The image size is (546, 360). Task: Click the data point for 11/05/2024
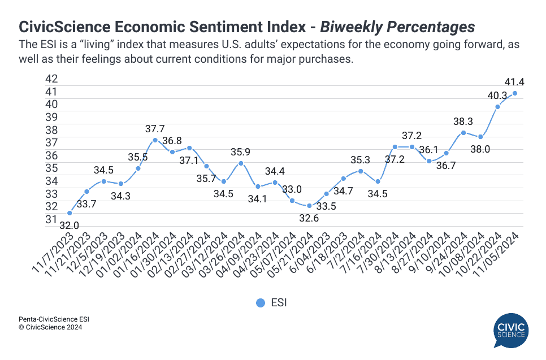pos(515,93)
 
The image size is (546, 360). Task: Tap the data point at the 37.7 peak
pos(155,140)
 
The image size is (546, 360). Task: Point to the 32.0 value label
pos(69,225)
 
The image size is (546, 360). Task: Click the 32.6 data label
pos(309,218)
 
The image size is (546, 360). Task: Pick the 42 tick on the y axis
pos(51,79)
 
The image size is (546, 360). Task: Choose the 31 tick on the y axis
pos(51,219)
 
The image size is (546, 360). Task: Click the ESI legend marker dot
pos(260,303)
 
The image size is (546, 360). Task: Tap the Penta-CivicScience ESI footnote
pos(54,319)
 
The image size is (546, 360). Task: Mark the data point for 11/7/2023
pos(69,213)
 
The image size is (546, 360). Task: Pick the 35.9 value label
pos(241,152)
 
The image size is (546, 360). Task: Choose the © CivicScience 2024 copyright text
pos(50,327)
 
